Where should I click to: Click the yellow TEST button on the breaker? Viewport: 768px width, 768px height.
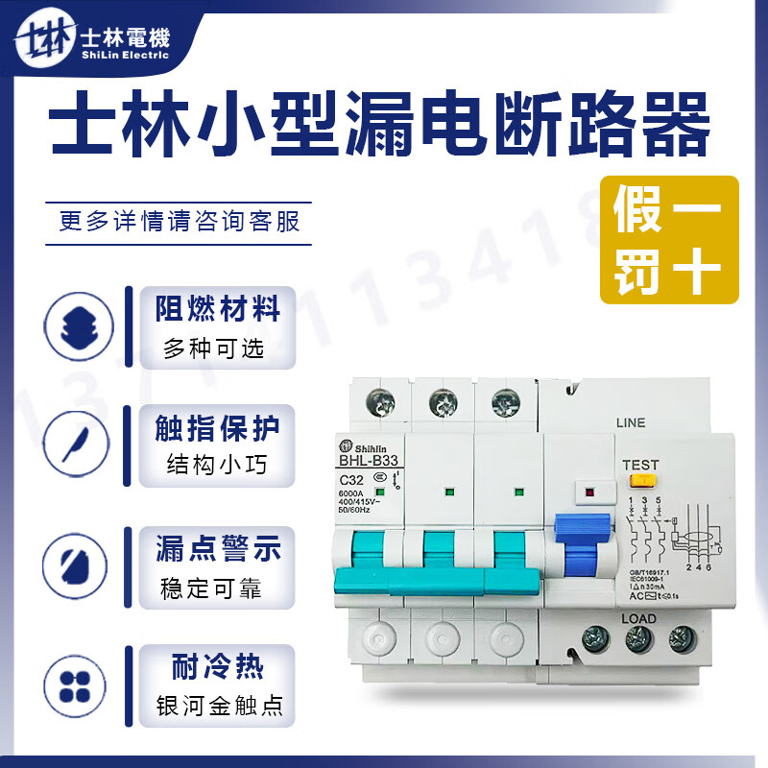pos(639,481)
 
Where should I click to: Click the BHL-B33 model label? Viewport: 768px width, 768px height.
pos(368,460)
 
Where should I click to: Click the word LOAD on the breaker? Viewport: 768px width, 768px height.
pos(638,618)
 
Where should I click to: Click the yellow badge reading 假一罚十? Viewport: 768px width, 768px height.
pos(669,240)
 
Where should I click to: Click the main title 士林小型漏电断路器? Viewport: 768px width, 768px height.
pos(381,127)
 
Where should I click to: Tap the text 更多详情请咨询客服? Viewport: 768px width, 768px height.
pos(180,221)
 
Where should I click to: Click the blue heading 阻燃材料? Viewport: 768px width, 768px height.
pos(218,309)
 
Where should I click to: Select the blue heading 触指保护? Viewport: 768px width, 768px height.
pos(218,429)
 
